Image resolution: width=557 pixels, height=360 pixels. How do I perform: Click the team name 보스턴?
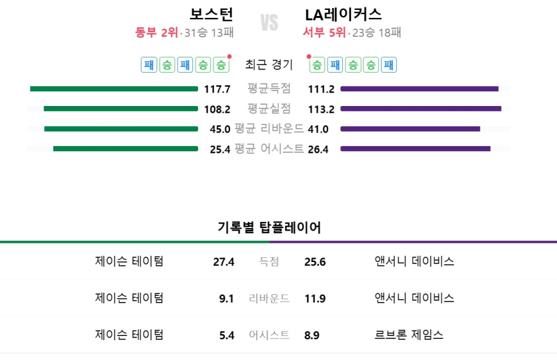coord(211,15)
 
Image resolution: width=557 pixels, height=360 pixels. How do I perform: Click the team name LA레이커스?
coord(343,15)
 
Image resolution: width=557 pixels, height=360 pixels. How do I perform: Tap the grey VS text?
coord(269,23)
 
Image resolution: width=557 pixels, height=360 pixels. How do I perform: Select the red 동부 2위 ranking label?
coord(157,33)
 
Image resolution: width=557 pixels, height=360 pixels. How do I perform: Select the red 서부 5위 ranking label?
coord(324,33)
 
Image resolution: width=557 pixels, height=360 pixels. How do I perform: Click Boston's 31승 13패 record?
coord(209,33)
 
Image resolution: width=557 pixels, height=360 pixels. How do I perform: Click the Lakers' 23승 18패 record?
coord(377,33)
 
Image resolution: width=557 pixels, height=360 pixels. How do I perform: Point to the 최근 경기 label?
coord(269,65)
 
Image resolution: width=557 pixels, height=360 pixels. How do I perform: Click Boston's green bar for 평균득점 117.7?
coord(114,89)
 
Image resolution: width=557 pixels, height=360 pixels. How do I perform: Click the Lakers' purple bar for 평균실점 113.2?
coord(421,109)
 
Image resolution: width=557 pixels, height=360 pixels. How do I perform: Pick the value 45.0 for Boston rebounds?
coord(219,129)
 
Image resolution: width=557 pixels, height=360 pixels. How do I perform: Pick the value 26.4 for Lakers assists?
coord(318,149)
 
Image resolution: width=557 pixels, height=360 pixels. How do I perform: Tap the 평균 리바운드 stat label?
coord(269,129)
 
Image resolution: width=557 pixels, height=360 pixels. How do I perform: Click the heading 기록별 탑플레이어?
coord(269,227)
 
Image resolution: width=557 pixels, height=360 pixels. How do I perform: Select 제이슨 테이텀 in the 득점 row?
coord(129,261)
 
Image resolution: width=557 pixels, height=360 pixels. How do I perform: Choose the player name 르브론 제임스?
coord(409,335)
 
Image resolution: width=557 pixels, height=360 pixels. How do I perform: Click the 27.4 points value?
coord(223,262)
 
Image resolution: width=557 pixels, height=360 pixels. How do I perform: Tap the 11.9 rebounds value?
coord(315,299)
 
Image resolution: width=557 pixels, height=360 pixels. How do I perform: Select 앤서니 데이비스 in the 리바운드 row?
coord(414,298)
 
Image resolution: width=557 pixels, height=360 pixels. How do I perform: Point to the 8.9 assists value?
coord(312,335)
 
